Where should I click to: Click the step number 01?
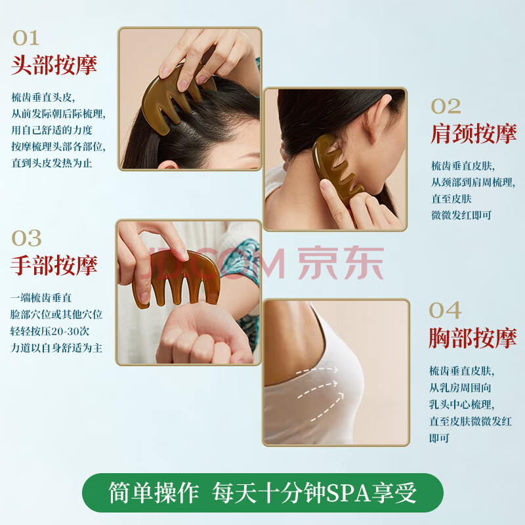click(26, 38)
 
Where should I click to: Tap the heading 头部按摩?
click(54, 65)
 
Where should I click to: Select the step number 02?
click(446, 106)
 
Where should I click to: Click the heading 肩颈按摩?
click(473, 134)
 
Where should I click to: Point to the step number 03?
click(26, 238)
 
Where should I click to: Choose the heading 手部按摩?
click(54, 266)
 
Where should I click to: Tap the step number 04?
click(445, 310)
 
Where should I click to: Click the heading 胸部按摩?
click(472, 338)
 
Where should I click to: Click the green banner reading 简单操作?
click(263, 493)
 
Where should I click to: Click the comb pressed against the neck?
click(337, 167)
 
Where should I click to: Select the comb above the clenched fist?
click(176, 278)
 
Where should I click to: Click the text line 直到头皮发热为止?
click(52, 163)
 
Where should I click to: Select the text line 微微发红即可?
click(461, 215)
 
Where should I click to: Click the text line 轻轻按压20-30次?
click(50, 331)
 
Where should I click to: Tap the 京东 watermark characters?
click(341, 263)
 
